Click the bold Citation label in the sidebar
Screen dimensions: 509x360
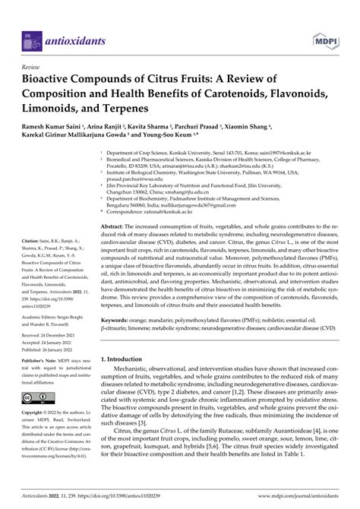pos(35,239)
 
